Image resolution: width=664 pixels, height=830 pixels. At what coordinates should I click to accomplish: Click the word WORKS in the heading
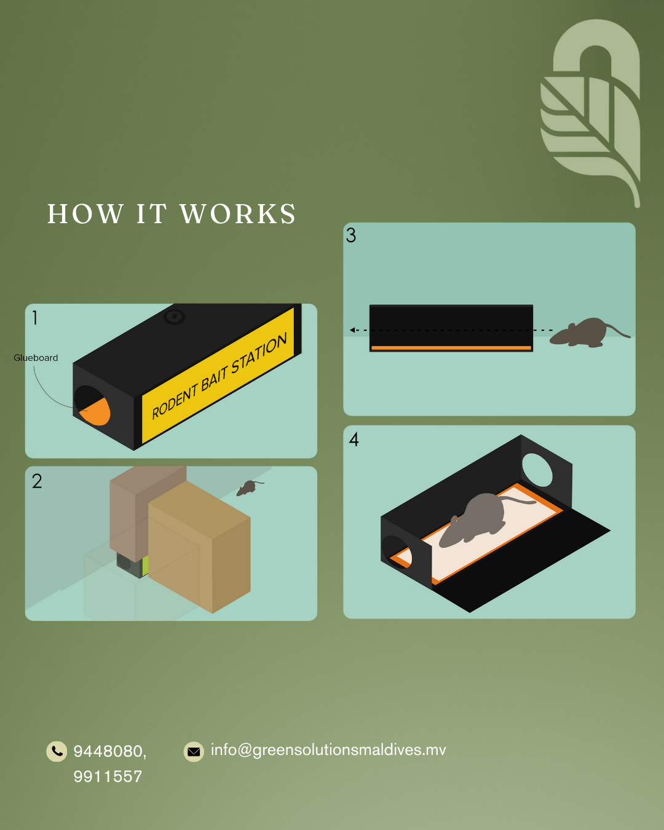[238, 214]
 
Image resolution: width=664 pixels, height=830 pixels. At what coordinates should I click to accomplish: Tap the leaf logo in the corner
[590, 112]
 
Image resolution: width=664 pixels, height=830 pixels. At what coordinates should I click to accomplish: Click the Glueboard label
[36, 358]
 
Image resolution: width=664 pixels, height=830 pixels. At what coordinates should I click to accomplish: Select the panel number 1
[35, 318]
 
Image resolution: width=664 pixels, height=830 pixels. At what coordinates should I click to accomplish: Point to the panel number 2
[37, 481]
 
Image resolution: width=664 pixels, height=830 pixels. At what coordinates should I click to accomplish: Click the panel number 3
[350, 235]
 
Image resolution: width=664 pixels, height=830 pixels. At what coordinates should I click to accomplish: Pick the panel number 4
[354, 440]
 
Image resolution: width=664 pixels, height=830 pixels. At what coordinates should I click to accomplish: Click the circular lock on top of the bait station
[175, 317]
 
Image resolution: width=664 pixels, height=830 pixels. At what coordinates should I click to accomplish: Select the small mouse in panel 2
[250, 488]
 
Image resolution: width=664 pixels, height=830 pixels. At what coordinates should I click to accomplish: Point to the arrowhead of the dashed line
[352, 330]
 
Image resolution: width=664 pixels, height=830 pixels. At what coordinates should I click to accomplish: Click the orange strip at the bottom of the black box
[451, 348]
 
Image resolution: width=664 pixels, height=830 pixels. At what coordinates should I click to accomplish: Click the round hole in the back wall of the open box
[537, 470]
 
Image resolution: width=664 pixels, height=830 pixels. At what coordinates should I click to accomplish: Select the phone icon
[57, 751]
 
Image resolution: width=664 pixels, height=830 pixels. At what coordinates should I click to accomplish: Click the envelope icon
[194, 752]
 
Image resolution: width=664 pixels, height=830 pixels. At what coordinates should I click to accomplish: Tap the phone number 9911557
[108, 777]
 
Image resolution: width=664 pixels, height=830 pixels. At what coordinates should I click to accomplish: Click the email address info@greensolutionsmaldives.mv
[328, 750]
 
